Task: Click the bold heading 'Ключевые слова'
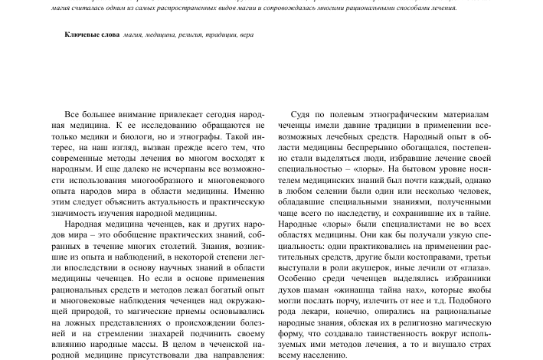(91, 35)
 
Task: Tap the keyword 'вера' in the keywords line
(246, 35)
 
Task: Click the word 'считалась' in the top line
(57, 8)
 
